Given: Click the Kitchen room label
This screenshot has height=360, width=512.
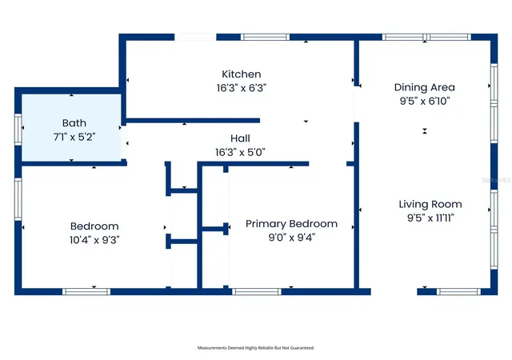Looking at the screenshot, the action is [242, 74].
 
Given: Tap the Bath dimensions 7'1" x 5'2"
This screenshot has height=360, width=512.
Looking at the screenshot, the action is [74, 137].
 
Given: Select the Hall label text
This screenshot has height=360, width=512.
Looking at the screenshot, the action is [240, 138].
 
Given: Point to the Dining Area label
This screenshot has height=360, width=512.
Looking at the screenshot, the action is [425, 87].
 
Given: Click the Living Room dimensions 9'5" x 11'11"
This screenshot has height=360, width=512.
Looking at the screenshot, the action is [430, 218].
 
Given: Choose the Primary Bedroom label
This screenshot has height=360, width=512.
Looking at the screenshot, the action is [291, 224].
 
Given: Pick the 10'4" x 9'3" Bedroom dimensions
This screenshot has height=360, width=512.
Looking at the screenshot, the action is [94, 240].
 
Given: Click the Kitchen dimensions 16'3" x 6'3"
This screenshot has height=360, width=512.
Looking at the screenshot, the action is [242, 88].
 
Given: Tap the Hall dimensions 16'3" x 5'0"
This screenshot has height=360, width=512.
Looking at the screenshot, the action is [240, 152].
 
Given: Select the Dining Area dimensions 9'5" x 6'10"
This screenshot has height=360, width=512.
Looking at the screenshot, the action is [425, 101].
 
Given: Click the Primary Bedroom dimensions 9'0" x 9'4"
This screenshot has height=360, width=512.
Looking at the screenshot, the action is [291, 238].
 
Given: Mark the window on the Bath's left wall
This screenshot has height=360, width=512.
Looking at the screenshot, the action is [18, 130].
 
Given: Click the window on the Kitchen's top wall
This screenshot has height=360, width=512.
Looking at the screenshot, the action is [265, 37].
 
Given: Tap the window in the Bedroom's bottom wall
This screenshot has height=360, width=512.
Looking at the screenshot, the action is [86, 292].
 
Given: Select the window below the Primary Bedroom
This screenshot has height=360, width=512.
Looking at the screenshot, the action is [257, 292].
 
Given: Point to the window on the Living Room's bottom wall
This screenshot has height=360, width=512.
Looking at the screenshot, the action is [458, 292].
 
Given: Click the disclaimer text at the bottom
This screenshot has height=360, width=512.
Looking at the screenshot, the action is [256, 348].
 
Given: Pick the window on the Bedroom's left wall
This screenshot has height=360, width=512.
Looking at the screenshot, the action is [18, 199].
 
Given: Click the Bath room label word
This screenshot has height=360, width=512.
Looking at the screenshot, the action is [74, 123].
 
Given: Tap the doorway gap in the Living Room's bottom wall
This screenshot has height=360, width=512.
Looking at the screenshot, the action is [394, 292].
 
